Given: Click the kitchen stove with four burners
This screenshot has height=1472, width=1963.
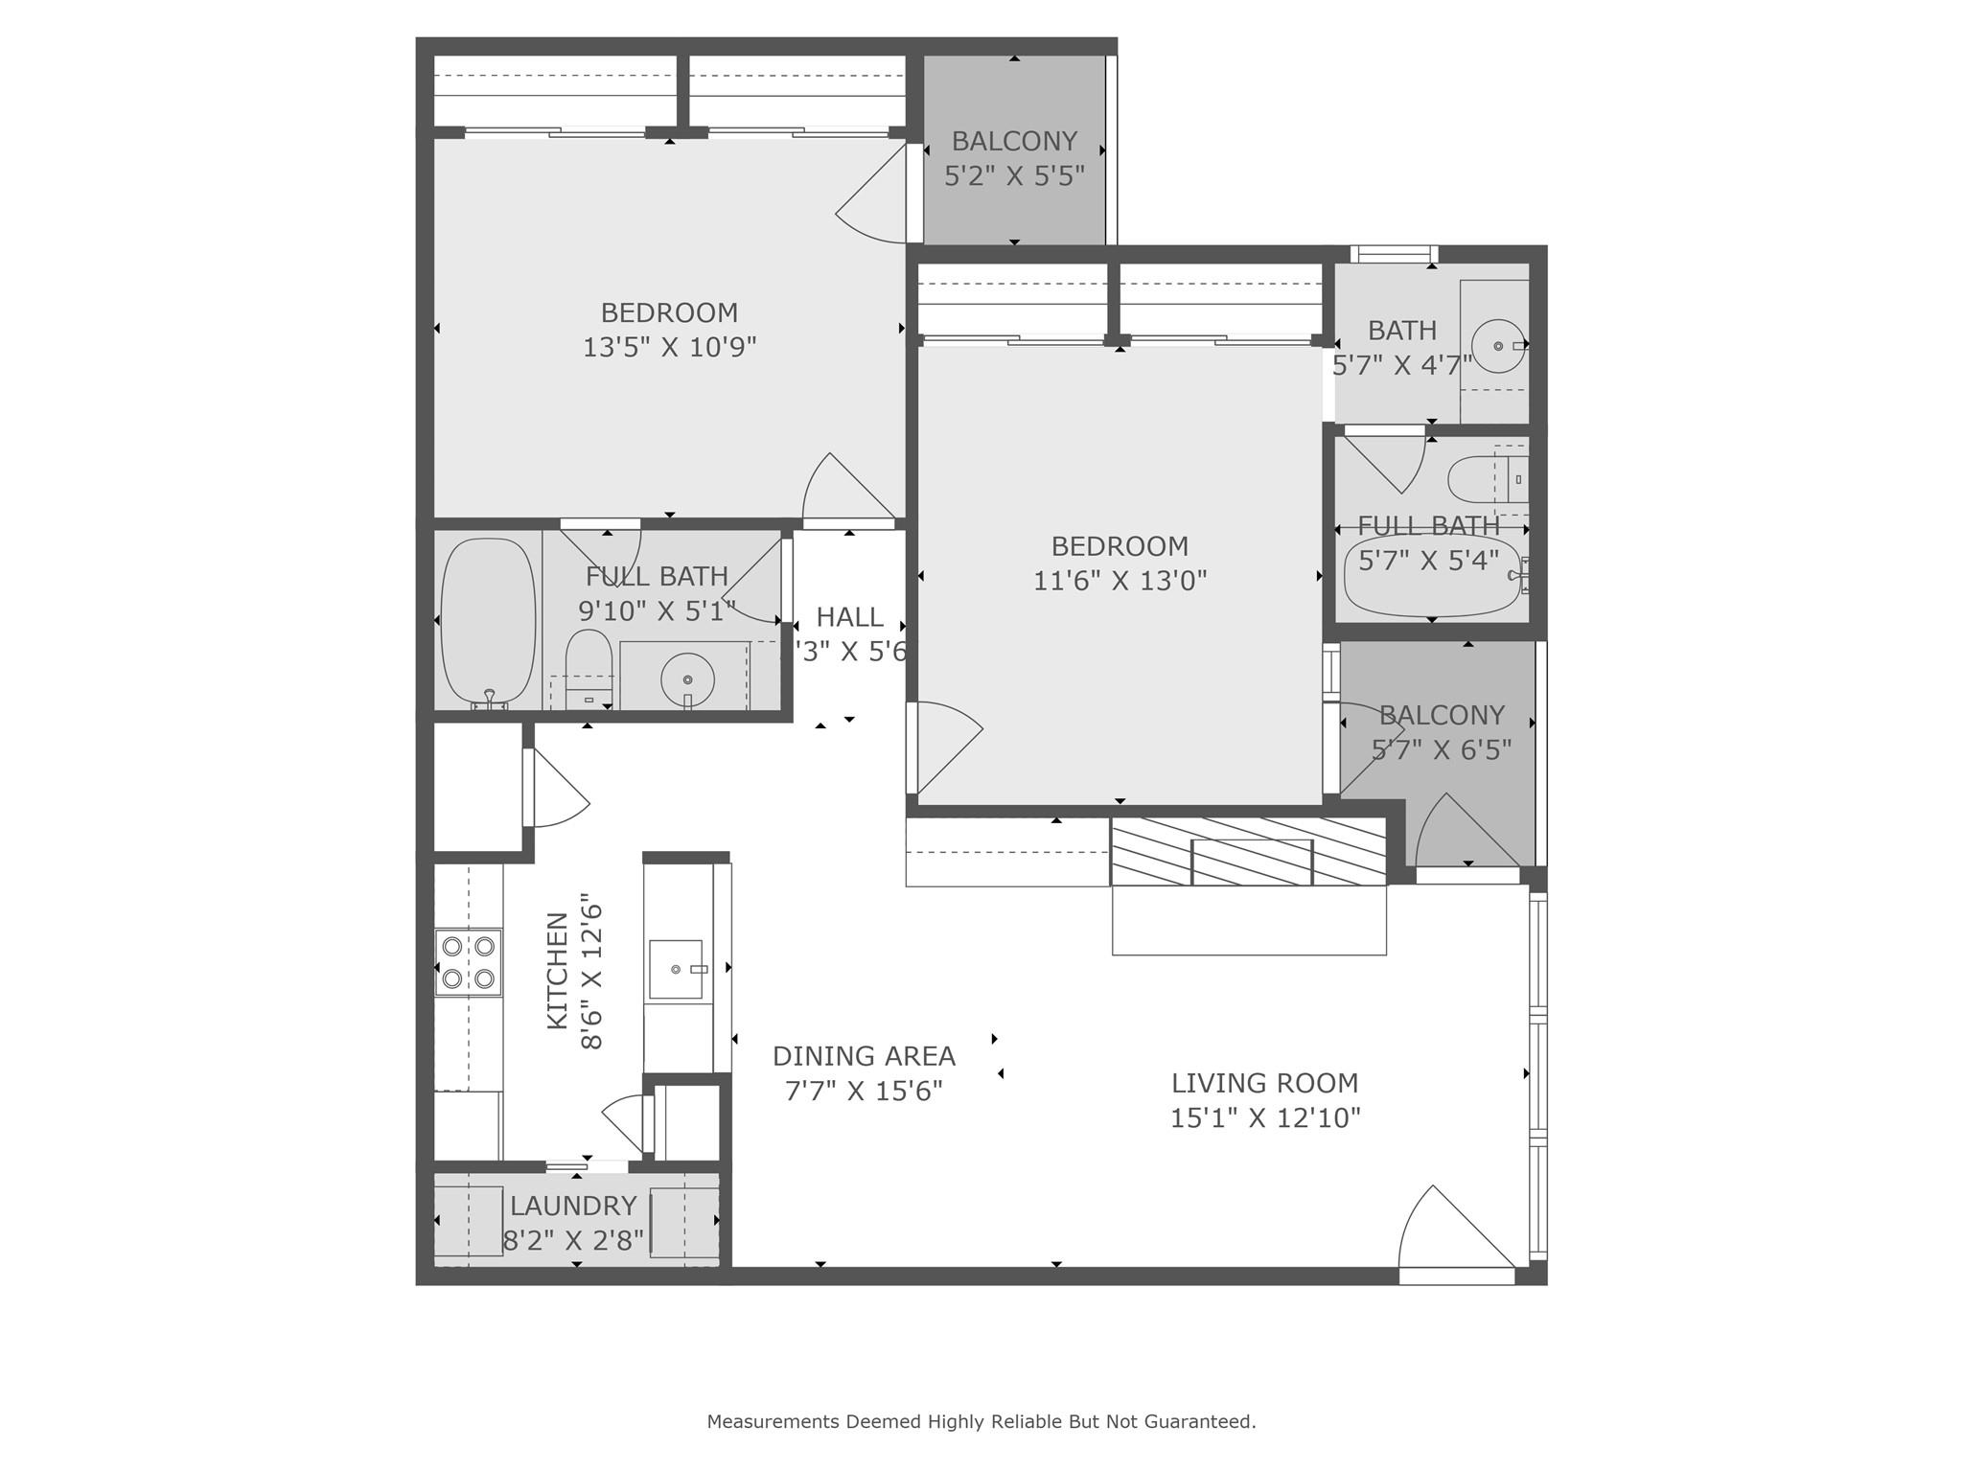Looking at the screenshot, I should tap(469, 962).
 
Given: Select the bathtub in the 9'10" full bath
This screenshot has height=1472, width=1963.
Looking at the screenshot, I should tap(488, 622).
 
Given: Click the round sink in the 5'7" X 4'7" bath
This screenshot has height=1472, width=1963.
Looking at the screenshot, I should tap(1497, 345).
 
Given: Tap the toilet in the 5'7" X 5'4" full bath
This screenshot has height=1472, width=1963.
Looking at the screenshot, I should tap(1481, 479).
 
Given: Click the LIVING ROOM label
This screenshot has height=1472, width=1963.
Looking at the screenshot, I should tap(1264, 1083).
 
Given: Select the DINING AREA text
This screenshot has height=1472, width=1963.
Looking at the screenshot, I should tap(864, 1056).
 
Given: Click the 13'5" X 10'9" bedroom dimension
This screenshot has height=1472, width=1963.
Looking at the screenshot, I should tap(669, 347).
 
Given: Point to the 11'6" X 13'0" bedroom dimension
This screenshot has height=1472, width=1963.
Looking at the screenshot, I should tap(1120, 581).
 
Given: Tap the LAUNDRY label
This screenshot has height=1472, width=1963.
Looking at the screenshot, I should tap(573, 1206).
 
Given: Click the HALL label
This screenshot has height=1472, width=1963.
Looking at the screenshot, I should tap(849, 617).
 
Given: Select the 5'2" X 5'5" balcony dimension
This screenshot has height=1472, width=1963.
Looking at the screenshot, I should tap(1014, 176).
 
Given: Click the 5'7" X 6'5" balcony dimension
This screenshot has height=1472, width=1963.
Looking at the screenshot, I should tap(1441, 749).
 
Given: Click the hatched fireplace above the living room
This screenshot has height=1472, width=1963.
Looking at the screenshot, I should tap(1248, 851).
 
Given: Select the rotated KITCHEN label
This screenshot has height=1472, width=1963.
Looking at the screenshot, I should tap(557, 971).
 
